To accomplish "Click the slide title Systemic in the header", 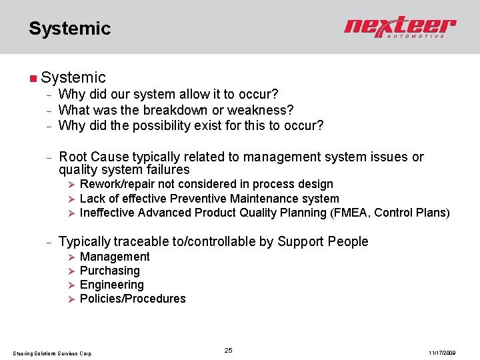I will pyautogui.click(x=69, y=29).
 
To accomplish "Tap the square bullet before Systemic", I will pyautogui.click(x=33, y=79).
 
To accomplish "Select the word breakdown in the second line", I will pyautogui.click(x=185, y=109).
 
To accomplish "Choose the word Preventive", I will pyautogui.click(x=199, y=199).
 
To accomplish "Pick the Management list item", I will pyautogui.click(x=115, y=257).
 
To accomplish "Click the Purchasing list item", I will pyautogui.click(x=110, y=271).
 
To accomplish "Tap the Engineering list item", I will pyautogui.click(x=112, y=285).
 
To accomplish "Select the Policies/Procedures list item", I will pyautogui.click(x=133, y=299).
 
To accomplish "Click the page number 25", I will pyautogui.click(x=228, y=351).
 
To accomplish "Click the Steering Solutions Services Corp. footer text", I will pyautogui.click(x=53, y=353).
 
